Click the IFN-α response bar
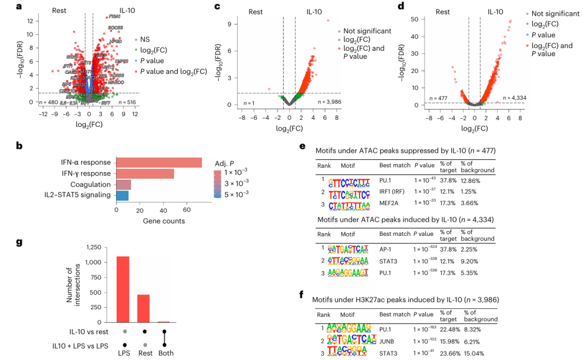click(159, 162)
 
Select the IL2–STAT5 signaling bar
click(122, 195)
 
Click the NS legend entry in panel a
click(145, 39)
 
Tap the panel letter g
click(19, 242)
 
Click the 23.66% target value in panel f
click(450, 353)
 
